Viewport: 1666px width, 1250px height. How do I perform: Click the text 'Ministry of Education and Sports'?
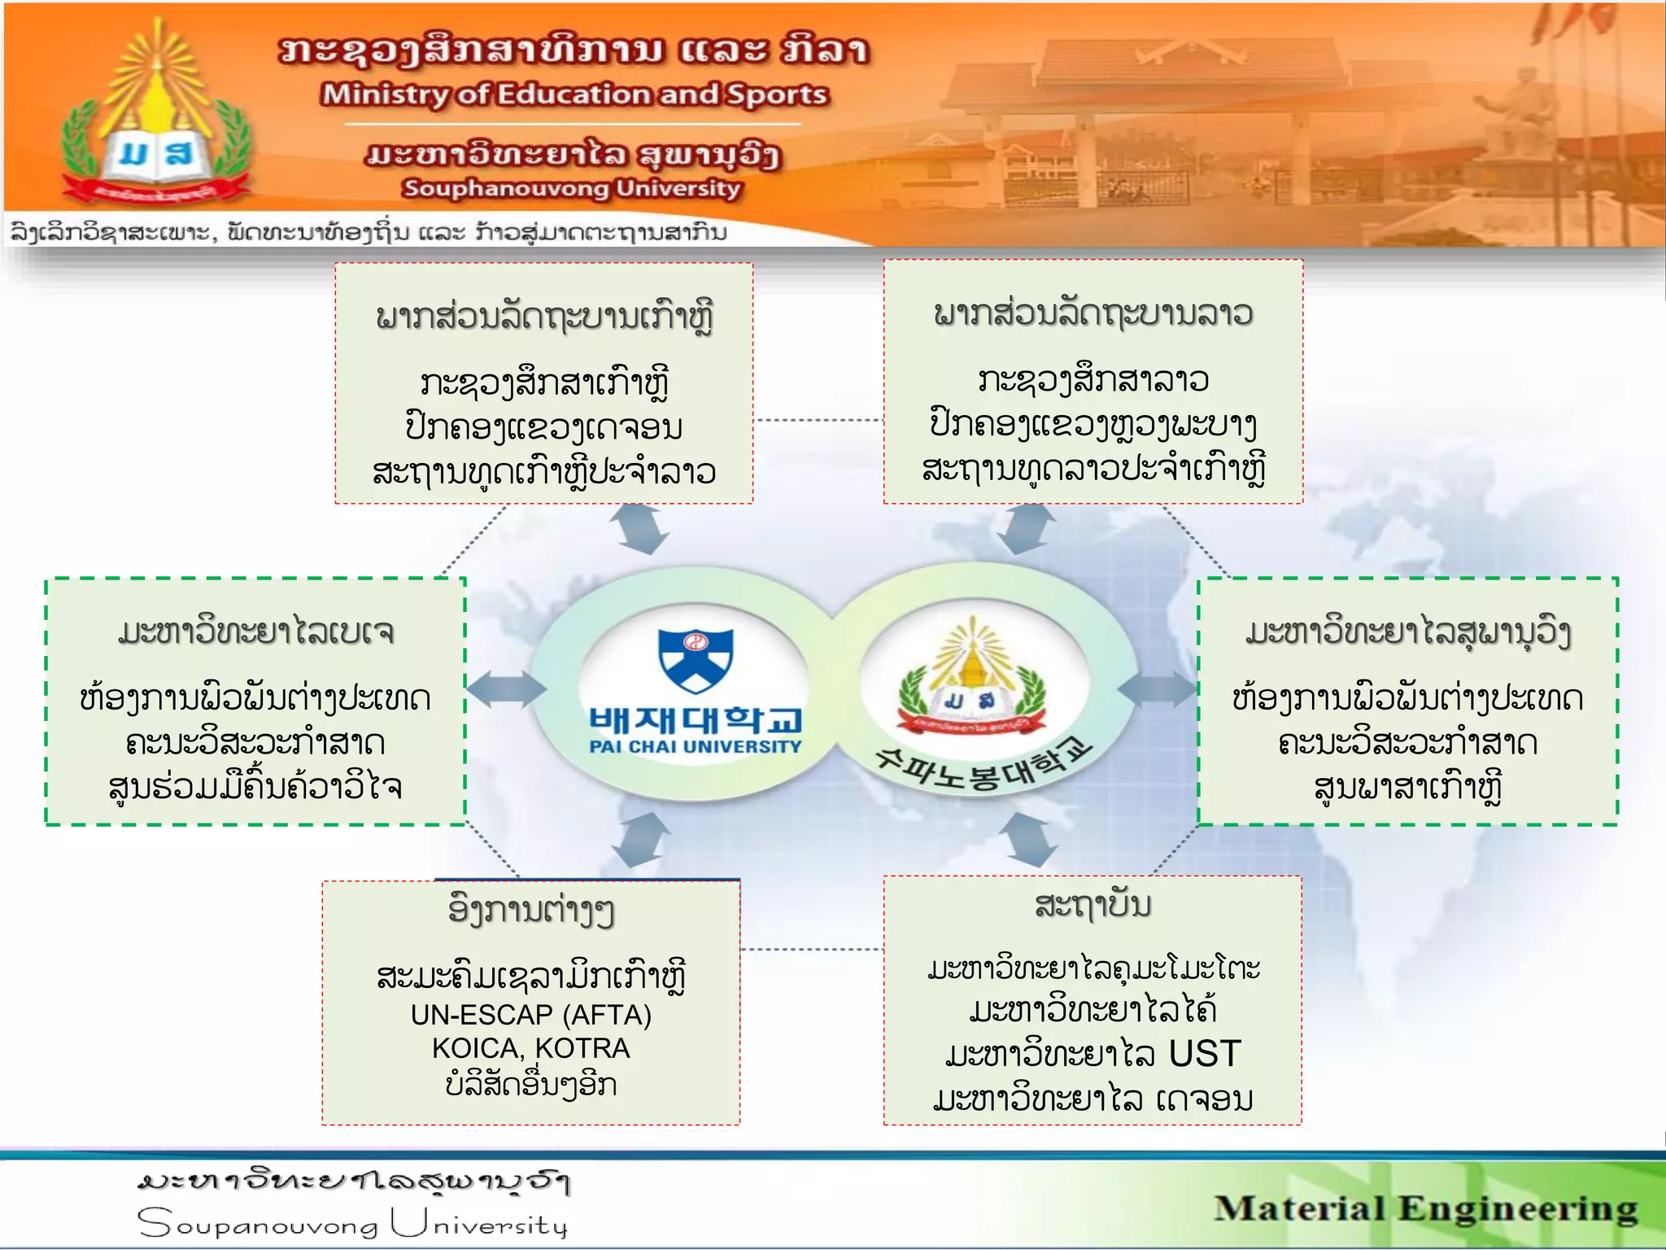(574, 94)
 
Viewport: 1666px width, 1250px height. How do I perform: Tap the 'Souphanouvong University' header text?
(572, 188)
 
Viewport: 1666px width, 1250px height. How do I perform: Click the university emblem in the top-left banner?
(155, 118)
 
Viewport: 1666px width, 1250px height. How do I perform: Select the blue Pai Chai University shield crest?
(696, 658)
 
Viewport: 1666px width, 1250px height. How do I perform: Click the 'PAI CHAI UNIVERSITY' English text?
(696, 746)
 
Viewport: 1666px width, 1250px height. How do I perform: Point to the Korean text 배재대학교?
(696, 719)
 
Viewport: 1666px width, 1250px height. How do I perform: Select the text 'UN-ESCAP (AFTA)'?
(530, 1015)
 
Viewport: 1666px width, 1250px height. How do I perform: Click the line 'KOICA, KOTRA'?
(530, 1048)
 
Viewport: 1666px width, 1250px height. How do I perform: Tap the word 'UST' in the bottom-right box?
(1204, 1054)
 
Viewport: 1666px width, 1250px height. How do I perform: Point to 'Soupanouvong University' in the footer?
(351, 1224)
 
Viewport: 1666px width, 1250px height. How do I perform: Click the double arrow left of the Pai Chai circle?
(506, 689)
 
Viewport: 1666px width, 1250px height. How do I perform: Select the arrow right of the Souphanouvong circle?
(1158, 689)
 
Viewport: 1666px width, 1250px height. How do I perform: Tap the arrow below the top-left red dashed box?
(643, 529)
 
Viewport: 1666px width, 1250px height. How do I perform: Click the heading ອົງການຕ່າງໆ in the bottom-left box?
(530, 910)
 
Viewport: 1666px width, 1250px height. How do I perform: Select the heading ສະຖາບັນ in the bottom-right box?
(1092, 905)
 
